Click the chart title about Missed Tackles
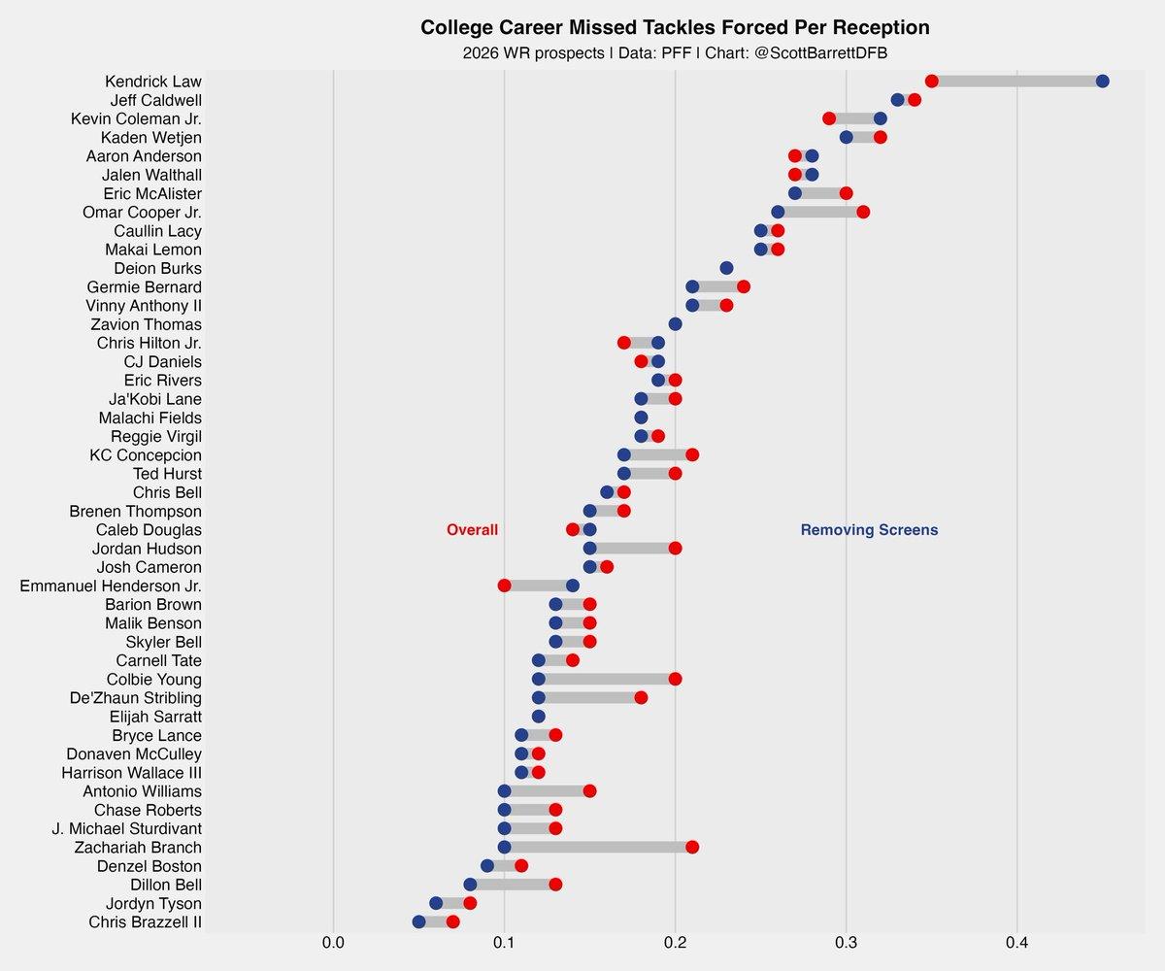coord(675,27)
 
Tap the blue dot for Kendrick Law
coord(1102,81)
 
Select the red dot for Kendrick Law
coord(931,81)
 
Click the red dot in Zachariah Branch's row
coord(692,847)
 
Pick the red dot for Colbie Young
coord(675,679)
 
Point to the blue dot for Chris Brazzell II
coord(418,921)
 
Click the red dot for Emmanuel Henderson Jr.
coord(504,586)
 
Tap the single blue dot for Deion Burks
coord(726,268)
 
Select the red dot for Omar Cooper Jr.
coord(863,212)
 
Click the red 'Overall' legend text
coord(472,530)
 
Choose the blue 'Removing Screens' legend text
coord(869,530)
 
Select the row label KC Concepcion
coord(146,454)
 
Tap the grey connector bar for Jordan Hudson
coord(632,549)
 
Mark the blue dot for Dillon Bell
coord(470,885)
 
